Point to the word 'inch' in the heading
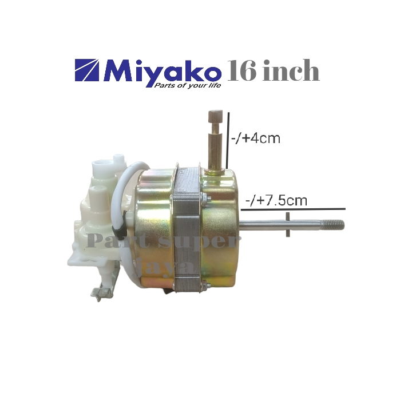292,72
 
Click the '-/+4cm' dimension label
256,138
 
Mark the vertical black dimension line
229,140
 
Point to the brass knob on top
215,119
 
